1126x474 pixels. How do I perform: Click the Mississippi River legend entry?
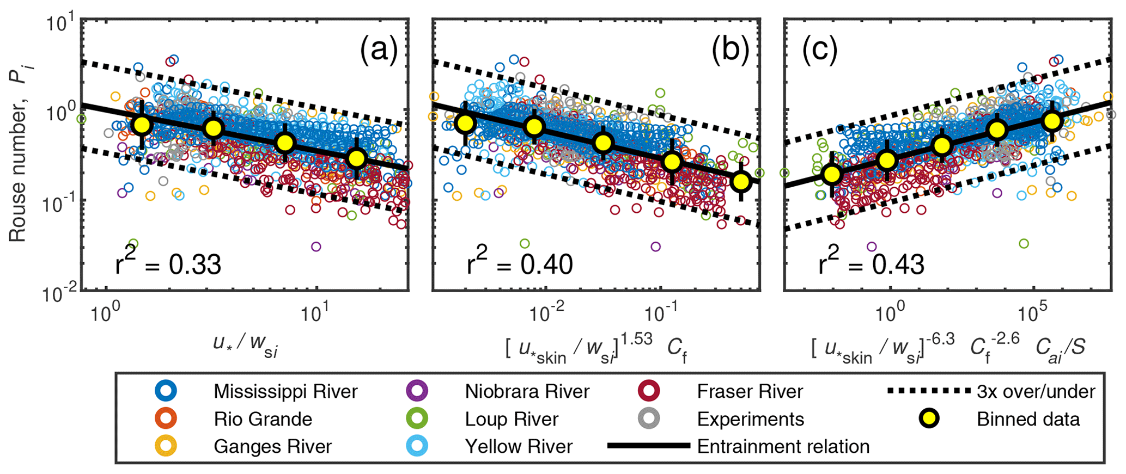(285, 391)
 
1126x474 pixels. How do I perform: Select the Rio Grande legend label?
(263, 419)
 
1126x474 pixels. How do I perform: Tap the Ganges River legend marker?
(166, 446)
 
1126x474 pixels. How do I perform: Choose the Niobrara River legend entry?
(526, 391)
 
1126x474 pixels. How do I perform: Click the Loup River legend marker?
(417, 419)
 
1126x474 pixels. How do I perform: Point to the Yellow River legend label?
(518, 446)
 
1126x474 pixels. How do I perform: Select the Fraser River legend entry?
(750, 391)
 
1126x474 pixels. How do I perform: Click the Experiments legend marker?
(649, 419)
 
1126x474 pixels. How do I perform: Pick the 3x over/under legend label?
(1036, 391)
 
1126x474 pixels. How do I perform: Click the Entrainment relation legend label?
(783, 446)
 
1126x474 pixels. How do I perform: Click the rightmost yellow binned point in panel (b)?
(741, 182)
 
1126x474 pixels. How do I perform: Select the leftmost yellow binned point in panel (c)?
(832, 175)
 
